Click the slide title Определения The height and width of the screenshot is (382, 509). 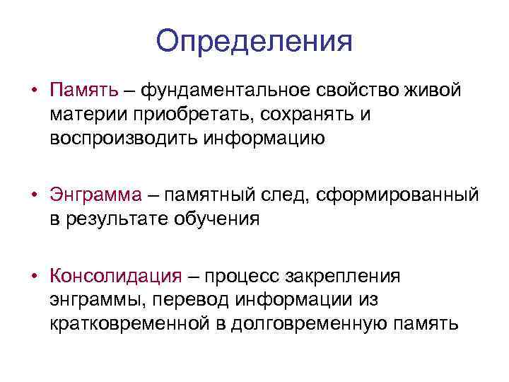click(x=254, y=40)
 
